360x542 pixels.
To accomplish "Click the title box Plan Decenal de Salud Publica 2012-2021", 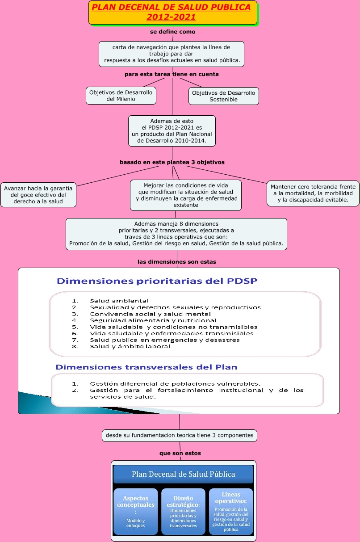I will click(173, 13).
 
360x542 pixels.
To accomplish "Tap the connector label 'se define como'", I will click(172, 32).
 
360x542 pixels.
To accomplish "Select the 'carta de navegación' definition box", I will click(172, 54).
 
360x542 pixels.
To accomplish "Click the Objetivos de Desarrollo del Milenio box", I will click(121, 96).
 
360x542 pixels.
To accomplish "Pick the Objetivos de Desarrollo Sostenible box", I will click(223, 96).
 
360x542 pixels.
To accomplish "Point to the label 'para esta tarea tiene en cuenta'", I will click(172, 74).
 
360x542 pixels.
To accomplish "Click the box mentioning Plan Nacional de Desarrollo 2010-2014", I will click(172, 130).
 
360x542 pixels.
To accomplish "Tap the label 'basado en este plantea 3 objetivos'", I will click(172, 162).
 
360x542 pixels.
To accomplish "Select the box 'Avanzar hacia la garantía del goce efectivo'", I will click(38, 195).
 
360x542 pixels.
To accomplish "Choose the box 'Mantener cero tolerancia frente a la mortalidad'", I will click(313, 193).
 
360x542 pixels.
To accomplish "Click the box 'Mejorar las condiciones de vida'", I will click(186, 195).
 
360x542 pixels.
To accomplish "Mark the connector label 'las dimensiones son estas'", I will click(177, 262).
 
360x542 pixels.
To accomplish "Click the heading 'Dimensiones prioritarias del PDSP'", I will click(157, 281).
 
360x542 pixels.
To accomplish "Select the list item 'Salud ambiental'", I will click(119, 301).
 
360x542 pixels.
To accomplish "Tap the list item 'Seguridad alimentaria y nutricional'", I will click(153, 320).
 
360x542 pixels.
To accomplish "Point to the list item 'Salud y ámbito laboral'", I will click(130, 346).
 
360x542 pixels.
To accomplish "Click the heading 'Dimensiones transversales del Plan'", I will click(147, 367).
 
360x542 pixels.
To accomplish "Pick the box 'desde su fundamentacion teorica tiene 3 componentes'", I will click(180, 435).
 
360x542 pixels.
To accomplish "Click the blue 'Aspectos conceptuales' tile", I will click(136, 511).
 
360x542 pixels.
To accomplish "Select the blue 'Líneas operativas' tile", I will click(231, 511).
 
